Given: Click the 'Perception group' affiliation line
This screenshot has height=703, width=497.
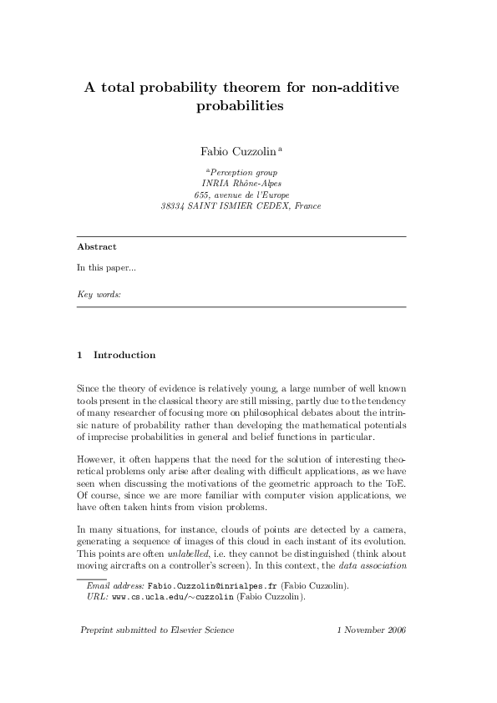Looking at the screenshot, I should click(243, 171).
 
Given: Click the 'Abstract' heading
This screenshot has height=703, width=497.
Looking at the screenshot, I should click(96, 247).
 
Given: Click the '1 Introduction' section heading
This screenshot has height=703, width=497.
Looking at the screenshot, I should click(116, 355).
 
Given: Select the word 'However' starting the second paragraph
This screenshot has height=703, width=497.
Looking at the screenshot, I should click(94, 459).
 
